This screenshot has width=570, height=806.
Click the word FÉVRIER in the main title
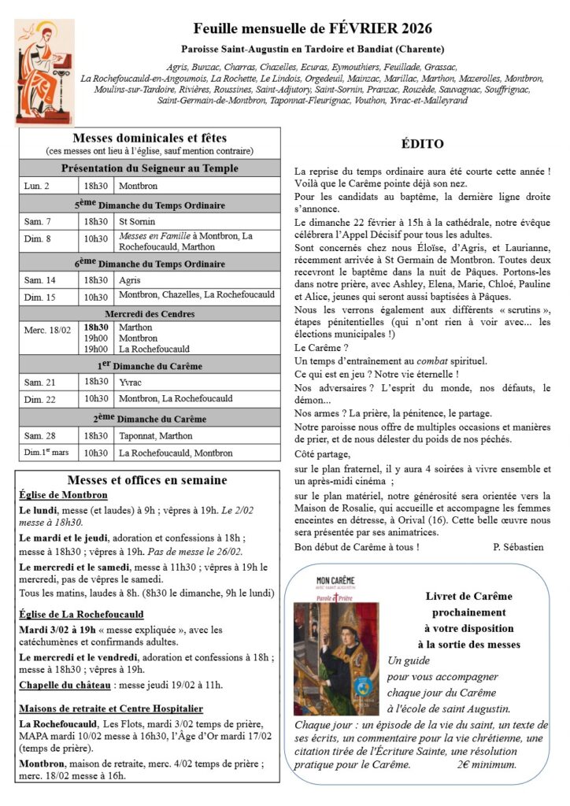[363, 29]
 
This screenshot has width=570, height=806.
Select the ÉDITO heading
[422, 144]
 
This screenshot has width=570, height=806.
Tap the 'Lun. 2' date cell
[38, 186]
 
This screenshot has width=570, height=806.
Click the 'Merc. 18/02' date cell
[43, 327]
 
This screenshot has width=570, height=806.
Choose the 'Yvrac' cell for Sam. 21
[131, 382]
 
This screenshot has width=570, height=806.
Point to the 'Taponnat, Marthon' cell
[154, 435]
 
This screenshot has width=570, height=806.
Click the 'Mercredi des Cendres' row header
[150, 313]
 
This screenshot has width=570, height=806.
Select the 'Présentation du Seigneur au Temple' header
[150, 168]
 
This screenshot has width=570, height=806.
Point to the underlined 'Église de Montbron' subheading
[63, 495]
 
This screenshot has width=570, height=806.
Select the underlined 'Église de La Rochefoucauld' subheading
[82, 614]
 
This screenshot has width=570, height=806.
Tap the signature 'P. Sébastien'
[518, 547]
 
